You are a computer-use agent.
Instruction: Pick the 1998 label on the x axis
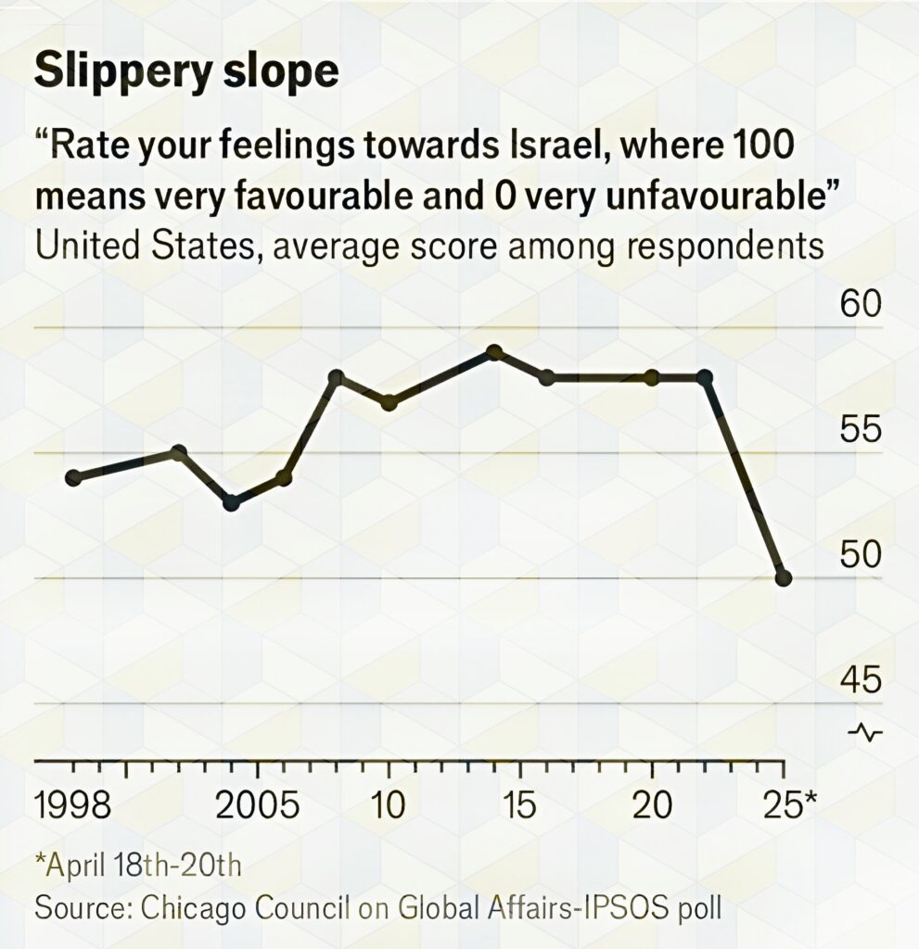73,805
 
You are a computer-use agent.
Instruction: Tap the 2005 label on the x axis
258,805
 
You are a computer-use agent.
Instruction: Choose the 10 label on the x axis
389,805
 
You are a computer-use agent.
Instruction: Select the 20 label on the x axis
652,805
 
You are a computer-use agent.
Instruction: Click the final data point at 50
783,578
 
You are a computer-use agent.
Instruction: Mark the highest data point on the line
494,353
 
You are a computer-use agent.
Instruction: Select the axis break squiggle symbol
864,733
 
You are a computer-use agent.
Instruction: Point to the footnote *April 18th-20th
138,867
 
